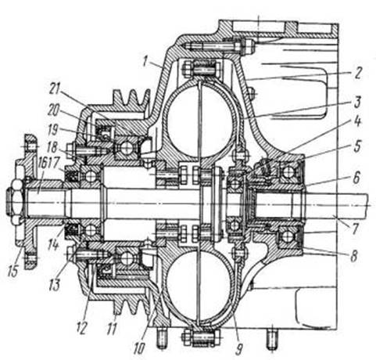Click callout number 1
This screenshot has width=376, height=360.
[147, 60]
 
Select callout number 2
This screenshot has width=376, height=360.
[358, 73]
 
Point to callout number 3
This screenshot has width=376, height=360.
[357, 102]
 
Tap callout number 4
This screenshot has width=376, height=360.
[357, 121]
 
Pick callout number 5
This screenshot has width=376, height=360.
[357, 146]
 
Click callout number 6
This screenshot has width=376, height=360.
[356, 178]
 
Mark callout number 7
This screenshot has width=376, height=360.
[355, 228]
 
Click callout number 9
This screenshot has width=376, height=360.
[238, 349]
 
